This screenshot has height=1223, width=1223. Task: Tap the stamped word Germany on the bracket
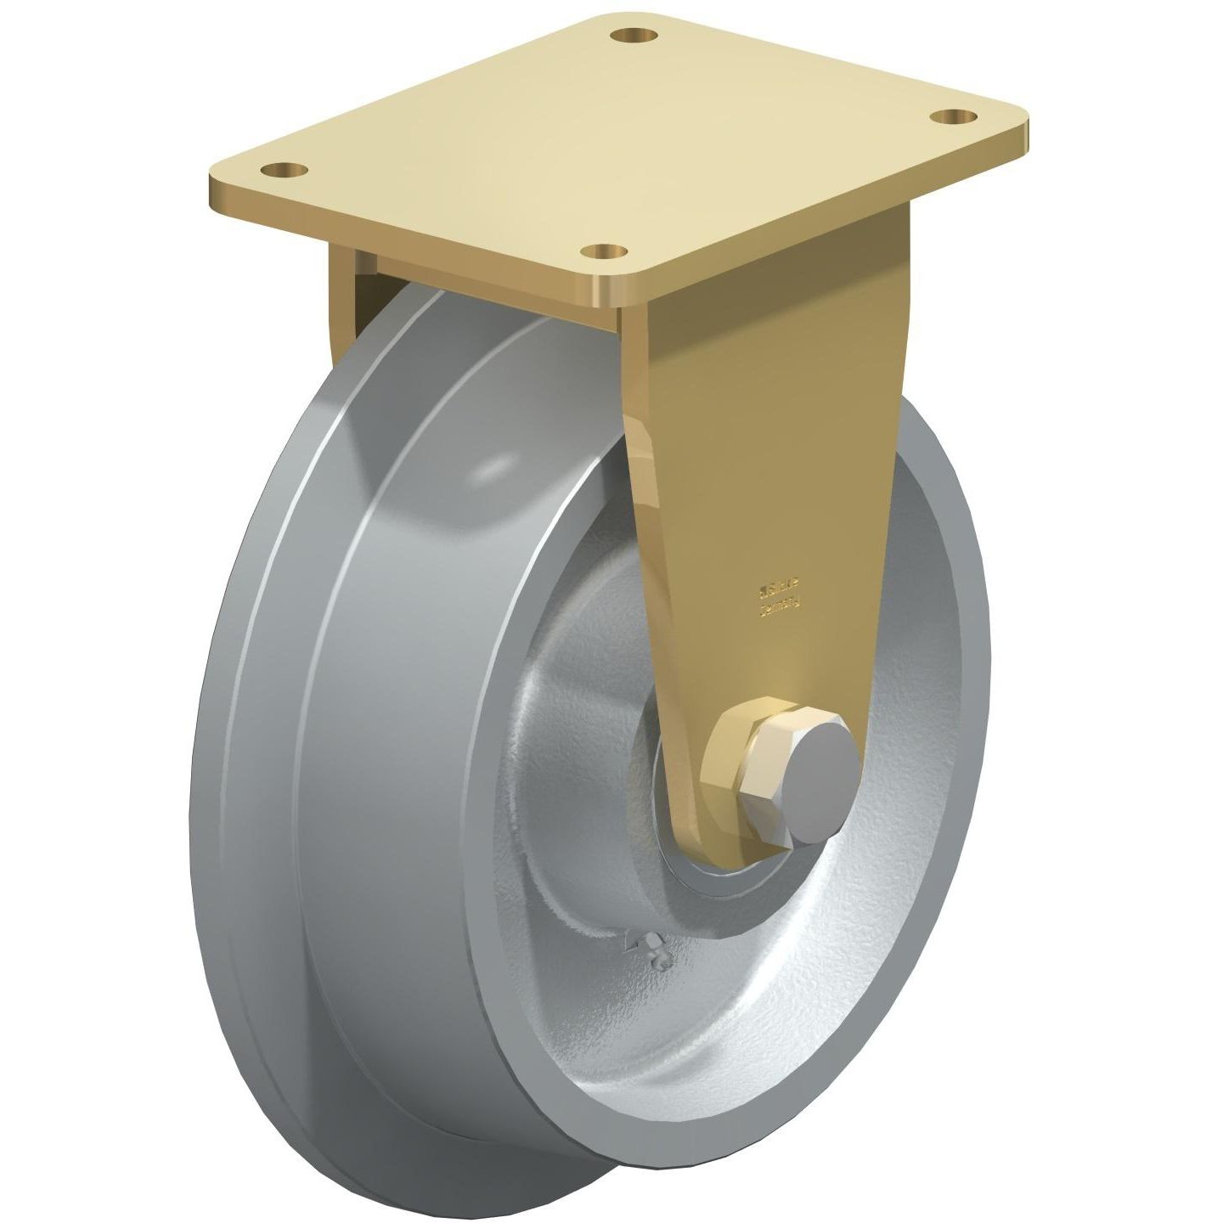[781, 606]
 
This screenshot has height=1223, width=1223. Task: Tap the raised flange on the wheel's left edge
[255, 722]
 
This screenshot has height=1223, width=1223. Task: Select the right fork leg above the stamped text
[764, 425]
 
